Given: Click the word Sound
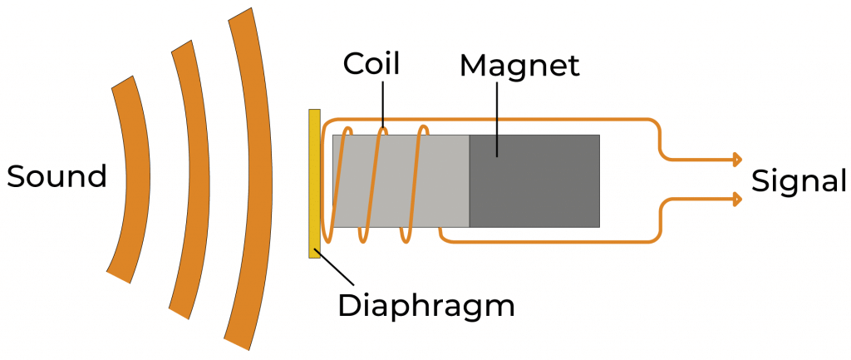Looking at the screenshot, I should pos(57,176).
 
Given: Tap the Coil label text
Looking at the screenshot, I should pos(371,64).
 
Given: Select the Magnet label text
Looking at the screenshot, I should pos(519,66).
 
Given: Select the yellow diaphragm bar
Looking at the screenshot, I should pos(314,183).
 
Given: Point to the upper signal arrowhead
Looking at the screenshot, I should pos(736,159).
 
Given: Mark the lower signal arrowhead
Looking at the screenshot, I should pos(736,199).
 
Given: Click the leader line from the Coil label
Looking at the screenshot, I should pos(383,104).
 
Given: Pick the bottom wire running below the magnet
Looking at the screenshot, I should pos(548,241).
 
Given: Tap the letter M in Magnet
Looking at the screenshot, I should pos(472,66).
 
